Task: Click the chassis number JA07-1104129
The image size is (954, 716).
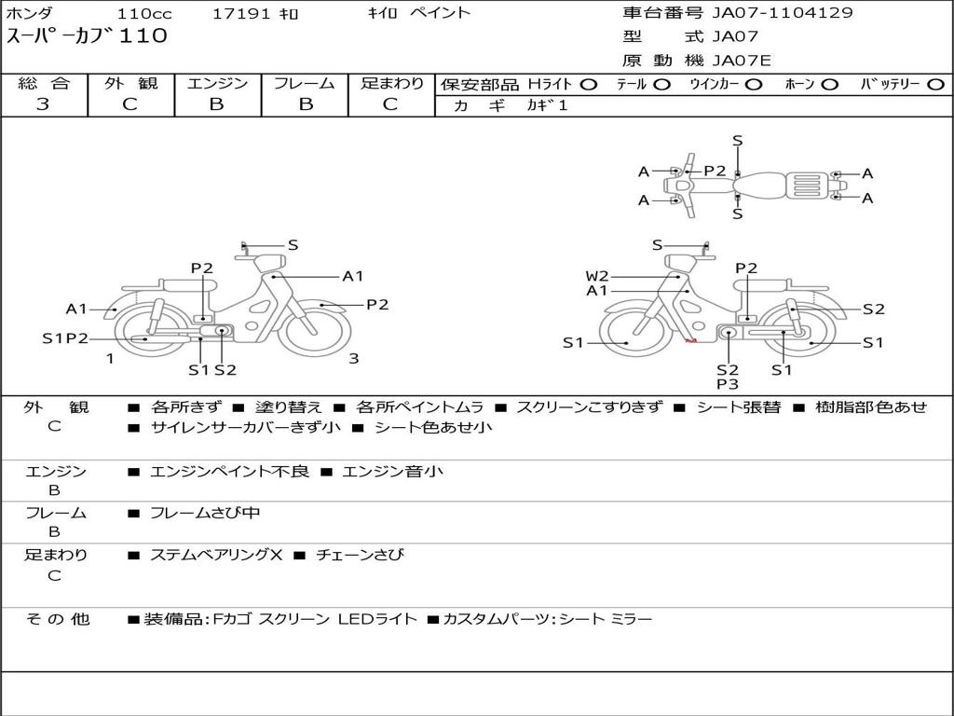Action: (783, 12)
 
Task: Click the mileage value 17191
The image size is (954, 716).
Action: (241, 13)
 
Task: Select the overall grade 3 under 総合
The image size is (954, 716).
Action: (43, 104)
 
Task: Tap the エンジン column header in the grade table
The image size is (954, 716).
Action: (217, 83)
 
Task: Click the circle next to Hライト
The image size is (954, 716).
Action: (589, 85)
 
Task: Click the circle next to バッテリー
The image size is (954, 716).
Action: (935, 85)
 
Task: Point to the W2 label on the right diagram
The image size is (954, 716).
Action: (597, 276)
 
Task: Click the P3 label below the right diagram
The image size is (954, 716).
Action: (728, 384)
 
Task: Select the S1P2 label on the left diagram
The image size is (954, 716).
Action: (65, 338)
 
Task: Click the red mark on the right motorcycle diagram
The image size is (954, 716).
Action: (690, 341)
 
